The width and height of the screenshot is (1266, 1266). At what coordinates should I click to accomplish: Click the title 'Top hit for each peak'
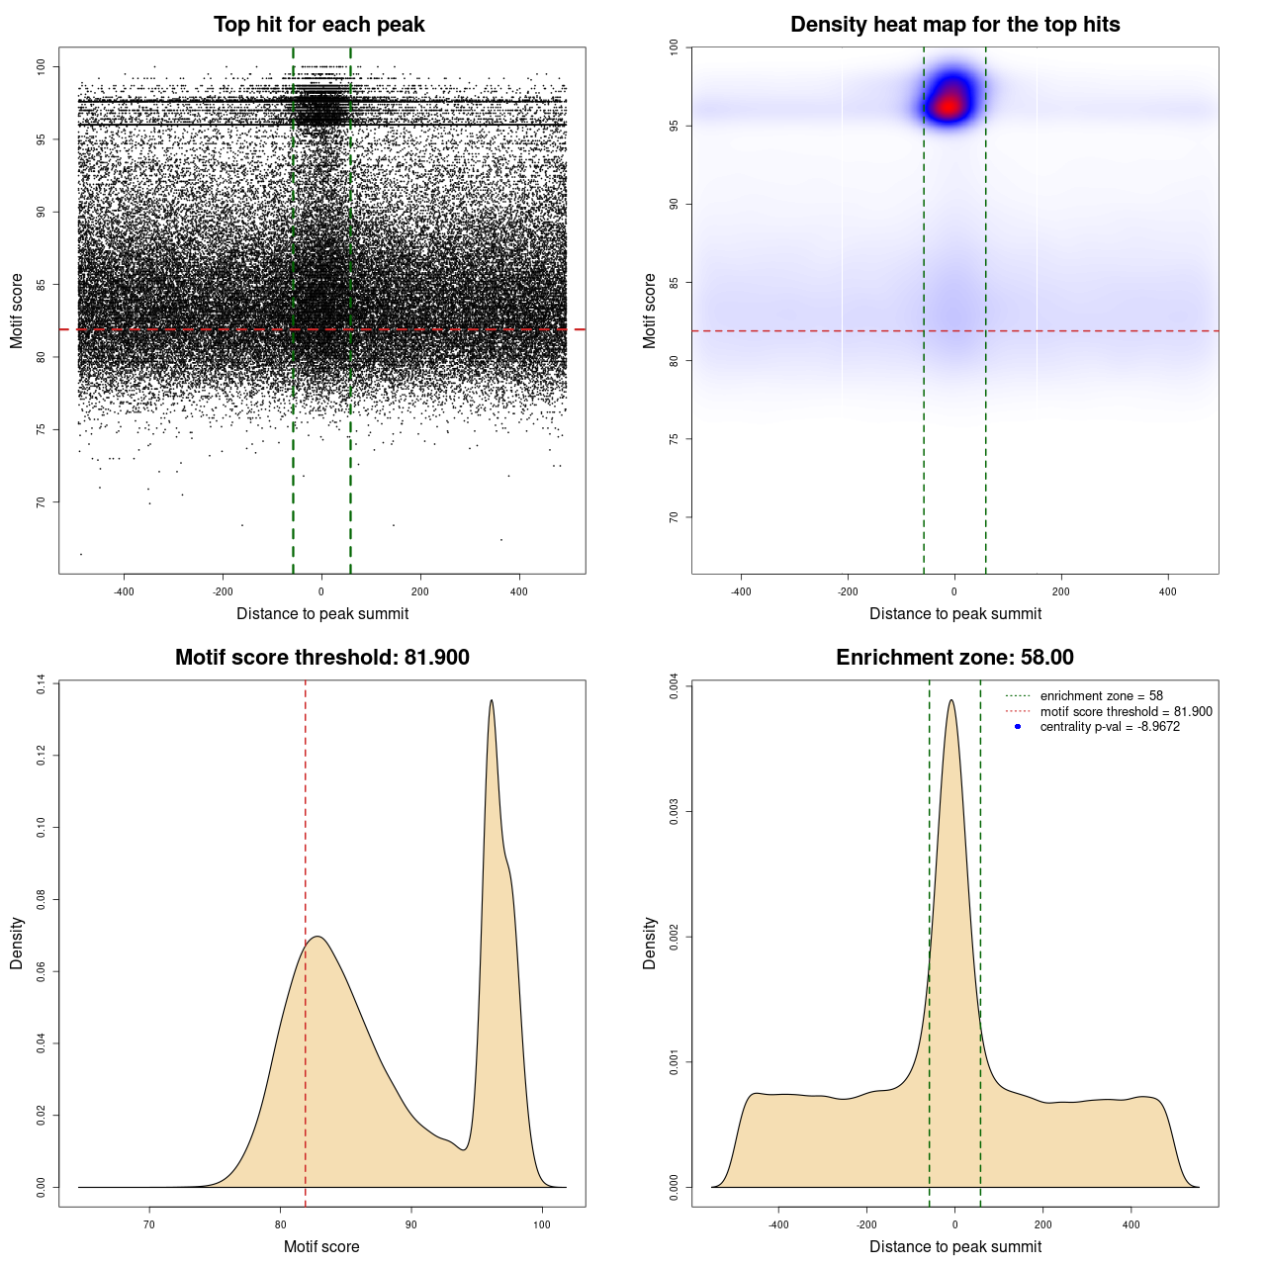(318, 25)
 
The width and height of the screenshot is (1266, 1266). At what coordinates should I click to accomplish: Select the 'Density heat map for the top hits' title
(954, 25)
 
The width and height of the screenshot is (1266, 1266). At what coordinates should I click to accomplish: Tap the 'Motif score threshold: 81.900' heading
(321, 658)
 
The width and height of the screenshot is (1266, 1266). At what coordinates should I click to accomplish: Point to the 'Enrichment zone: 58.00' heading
(954, 658)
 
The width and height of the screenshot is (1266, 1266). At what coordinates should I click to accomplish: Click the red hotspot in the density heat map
(950, 104)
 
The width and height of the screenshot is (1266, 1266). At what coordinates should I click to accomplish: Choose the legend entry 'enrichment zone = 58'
(1101, 696)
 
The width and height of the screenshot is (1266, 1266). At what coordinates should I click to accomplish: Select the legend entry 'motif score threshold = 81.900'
(1126, 711)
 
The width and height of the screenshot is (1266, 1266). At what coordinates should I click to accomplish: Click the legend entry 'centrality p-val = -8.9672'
(1110, 727)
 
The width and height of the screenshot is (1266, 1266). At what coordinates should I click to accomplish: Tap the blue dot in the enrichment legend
(1018, 727)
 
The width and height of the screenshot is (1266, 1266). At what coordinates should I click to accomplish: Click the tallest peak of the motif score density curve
(491, 701)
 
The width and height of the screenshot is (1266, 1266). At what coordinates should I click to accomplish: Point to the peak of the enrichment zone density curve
(951, 701)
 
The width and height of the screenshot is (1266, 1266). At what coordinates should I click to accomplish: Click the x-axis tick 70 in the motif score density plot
(150, 1224)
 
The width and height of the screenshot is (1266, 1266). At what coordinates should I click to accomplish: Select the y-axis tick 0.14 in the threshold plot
(41, 684)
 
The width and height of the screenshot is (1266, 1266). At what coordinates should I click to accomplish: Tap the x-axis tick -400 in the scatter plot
(124, 591)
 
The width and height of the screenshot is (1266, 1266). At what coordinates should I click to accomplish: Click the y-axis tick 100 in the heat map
(674, 46)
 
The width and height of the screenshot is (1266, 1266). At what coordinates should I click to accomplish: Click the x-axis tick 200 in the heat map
(1061, 591)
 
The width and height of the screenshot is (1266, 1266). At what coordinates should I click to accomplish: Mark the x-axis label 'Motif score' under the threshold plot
(321, 1246)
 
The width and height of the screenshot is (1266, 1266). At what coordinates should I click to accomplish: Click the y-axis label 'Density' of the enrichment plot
(650, 943)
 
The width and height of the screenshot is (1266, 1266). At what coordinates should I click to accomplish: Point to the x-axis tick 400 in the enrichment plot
(1131, 1224)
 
